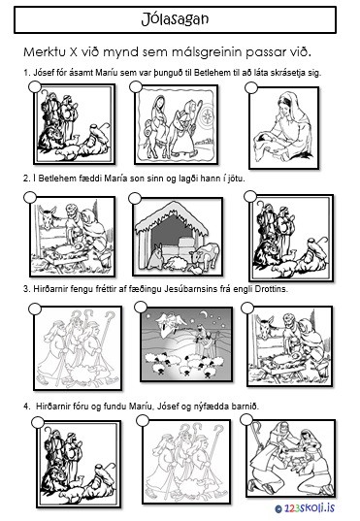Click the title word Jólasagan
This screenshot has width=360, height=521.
pos(175,19)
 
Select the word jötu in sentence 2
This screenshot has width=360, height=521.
pos(237,179)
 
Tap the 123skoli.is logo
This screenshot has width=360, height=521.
pos(305,508)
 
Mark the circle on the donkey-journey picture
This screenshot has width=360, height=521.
pos(136,87)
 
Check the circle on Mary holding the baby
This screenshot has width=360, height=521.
pos(251,88)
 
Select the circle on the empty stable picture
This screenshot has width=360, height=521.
pos(135,199)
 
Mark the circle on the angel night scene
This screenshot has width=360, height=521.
pos(141,307)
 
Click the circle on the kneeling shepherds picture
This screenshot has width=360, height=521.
pos(245,419)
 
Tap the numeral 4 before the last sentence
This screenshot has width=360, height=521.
pos(25,407)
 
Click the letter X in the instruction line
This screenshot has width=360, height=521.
pos(74,52)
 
